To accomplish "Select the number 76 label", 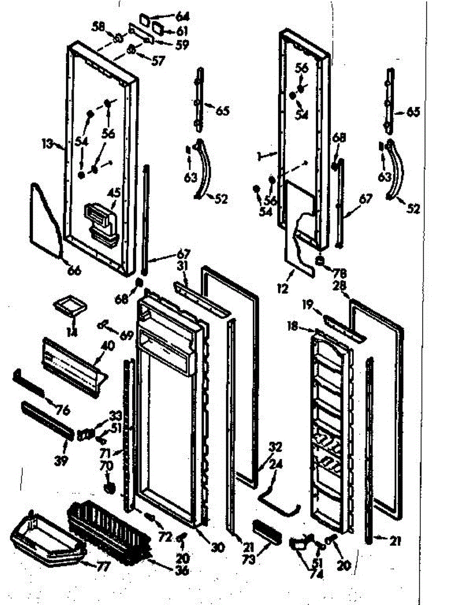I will pos(62,409).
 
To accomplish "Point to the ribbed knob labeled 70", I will pos(108,488).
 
